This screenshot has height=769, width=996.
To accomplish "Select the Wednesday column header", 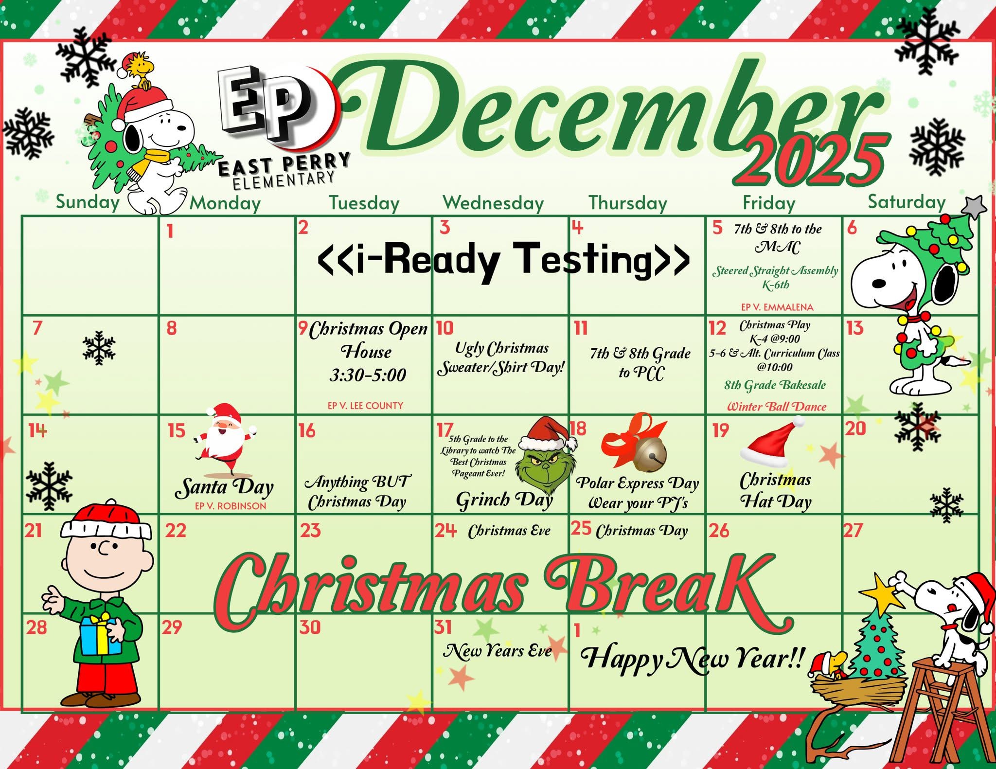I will click(493, 203).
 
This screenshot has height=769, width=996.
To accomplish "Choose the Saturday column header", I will click(907, 201).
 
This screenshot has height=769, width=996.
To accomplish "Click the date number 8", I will click(171, 328).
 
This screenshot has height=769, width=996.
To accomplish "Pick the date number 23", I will click(310, 530).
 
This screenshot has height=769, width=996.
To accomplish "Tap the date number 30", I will click(310, 627).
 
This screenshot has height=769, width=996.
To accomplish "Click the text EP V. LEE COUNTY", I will click(365, 405).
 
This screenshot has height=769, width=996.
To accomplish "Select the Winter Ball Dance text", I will click(776, 407).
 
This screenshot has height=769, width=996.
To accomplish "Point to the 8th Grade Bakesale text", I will click(775, 385).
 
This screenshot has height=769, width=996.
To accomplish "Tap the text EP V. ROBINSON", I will click(231, 506).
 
